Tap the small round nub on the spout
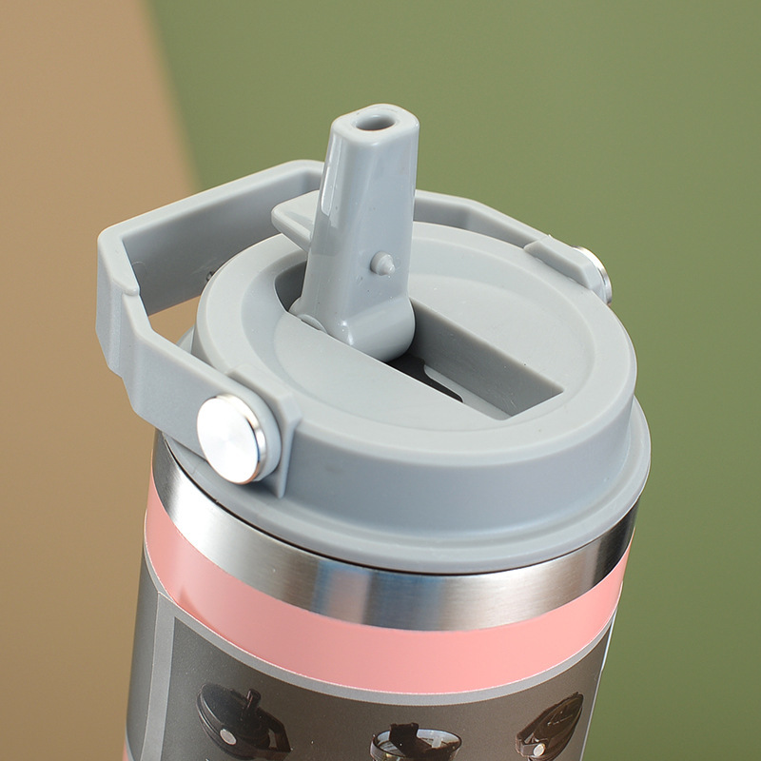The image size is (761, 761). [382, 263]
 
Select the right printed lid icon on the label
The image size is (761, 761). [550, 728]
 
